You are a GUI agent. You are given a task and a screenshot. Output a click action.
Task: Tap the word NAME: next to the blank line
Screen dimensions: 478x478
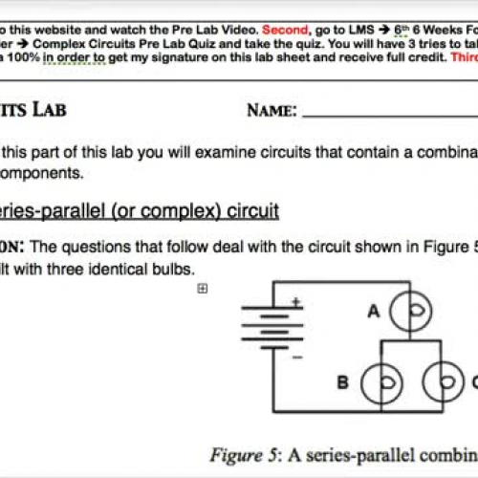[x=272, y=110]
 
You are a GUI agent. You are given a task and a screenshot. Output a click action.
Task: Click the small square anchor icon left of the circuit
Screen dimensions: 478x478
[x=203, y=262]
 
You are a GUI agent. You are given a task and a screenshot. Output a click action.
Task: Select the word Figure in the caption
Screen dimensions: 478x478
[x=235, y=454]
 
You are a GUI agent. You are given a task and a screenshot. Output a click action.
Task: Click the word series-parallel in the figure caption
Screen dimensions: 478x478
[x=326, y=454]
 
